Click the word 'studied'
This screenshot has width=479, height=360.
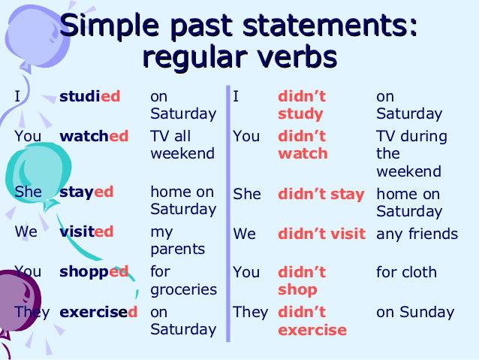(x=90, y=96)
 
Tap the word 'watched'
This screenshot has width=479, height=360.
(x=94, y=136)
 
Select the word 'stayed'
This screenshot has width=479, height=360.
(x=86, y=192)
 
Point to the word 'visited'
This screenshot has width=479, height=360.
(x=86, y=231)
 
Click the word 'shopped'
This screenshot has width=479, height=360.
(x=94, y=272)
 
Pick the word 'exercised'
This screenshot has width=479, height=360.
(x=98, y=312)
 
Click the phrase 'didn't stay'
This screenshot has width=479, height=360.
(x=321, y=194)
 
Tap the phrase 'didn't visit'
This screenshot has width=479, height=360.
(x=321, y=234)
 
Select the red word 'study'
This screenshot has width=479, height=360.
(x=300, y=114)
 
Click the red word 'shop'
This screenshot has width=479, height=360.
(x=297, y=290)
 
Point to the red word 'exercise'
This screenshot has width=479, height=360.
(x=312, y=330)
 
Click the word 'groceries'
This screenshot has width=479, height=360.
(x=184, y=290)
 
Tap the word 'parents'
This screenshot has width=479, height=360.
(x=178, y=250)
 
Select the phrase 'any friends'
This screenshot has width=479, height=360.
(x=417, y=234)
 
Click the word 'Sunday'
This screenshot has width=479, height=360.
(x=427, y=313)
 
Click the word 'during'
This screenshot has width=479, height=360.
(x=423, y=137)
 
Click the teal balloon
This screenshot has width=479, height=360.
(x=38, y=174)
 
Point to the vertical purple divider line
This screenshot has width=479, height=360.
(x=228, y=213)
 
